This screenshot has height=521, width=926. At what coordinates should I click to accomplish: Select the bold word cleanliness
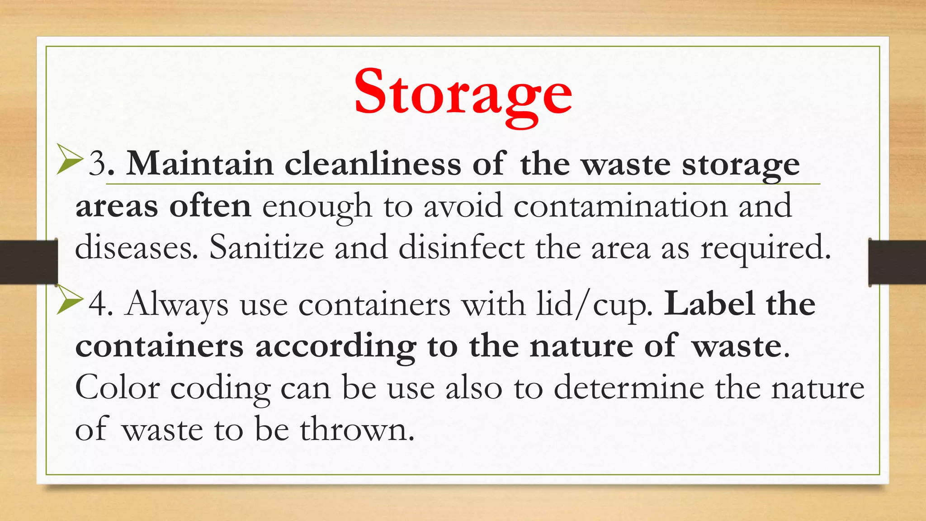tap(373, 164)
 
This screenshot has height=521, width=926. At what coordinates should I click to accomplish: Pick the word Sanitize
tap(266, 248)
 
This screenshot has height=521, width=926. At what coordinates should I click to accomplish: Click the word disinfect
tap(462, 248)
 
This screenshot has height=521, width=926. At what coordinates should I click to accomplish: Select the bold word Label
tap(709, 304)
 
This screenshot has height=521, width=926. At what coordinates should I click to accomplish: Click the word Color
tap(117, 388)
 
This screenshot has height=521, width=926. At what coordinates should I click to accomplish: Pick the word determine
tap(629, 388)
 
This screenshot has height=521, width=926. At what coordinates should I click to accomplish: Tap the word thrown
tap(357, 430)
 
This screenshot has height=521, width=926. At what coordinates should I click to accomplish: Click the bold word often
tap(210, 206)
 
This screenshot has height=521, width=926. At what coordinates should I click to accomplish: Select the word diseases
tap(136, 248)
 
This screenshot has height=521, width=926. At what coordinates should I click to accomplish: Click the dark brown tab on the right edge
tap(897, 262)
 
